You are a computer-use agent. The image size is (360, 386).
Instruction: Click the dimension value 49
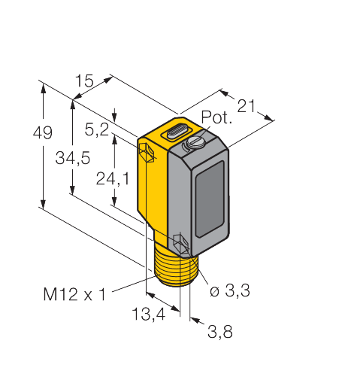tap(43, 132)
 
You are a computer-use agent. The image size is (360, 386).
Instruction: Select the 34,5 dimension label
tap(73, 158)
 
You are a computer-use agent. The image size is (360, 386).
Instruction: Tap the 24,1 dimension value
tap(113, 179)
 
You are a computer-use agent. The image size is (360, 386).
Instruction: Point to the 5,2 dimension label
tap(97, 130)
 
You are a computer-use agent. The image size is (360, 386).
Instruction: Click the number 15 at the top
tap(84, 81)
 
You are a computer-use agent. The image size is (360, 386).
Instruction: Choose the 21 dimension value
tap(246, 106)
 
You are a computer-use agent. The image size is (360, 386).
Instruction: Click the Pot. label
tap(216, 117)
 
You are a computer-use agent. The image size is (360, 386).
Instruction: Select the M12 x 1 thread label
tap(74, 294)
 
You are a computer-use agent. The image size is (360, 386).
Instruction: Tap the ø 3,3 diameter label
tap(230, 290)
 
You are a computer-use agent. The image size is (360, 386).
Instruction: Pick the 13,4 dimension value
tap(149, 315)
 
